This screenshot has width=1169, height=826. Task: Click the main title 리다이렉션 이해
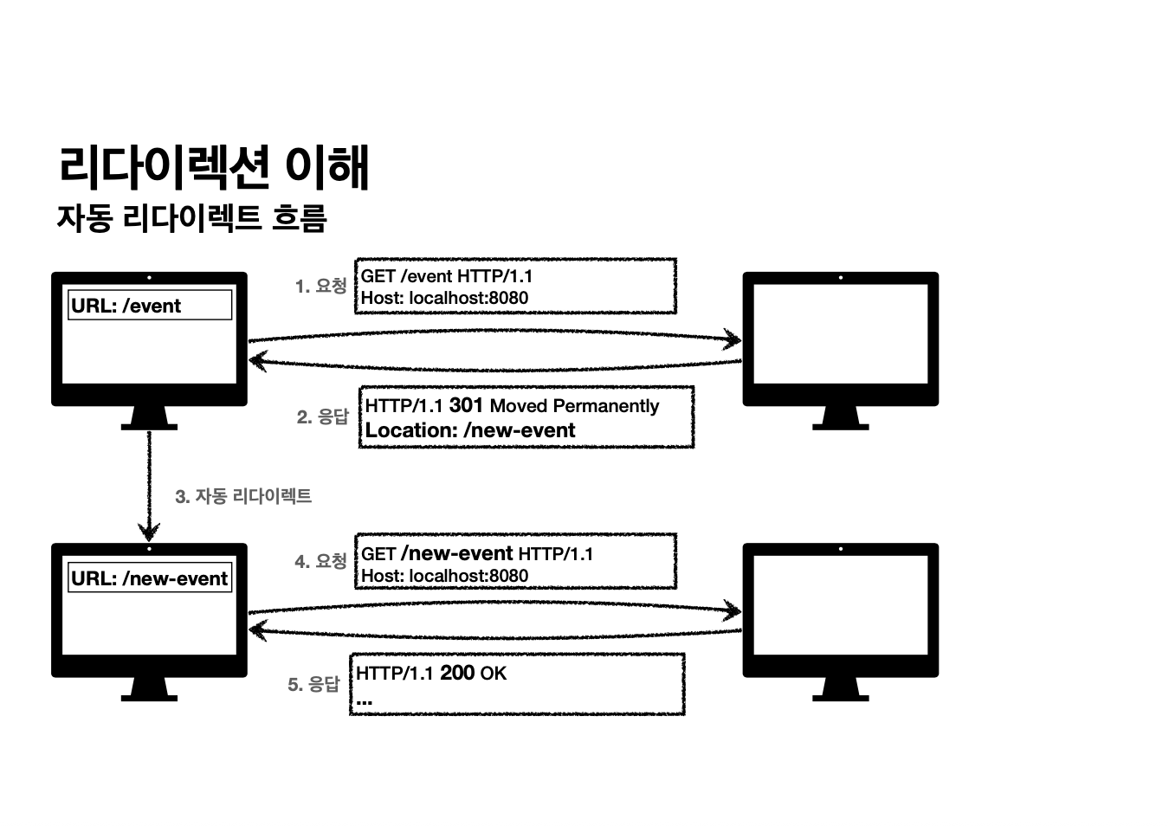pyautogui.click(x=214, y=166)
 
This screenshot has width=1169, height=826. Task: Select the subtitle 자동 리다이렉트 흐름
pyautogui.click(x=191, y=218)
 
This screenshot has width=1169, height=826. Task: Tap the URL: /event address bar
pyautogui.click(x=150, y=306)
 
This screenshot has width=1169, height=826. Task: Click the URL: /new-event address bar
pyautogui.click(x=150, y=578)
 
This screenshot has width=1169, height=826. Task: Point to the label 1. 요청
pyautogui.click(x=321, y=286)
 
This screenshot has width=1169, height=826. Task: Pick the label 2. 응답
pyautogui.click(x=322, y=416)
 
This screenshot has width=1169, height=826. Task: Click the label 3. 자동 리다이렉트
pyautogui.click(x=243, y=496)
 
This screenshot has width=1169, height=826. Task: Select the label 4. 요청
pyautogui.click(x=320, y=561)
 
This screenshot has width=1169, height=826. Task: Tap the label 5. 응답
pyautogui.click(x=313, y=684)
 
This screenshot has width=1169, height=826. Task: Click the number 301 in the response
pyautogui.click(x=466, y=405)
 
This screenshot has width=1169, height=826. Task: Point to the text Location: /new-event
pyautogui.click(x=470, y=430)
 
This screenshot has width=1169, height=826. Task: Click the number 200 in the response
pyautogui.click(x=457, y=673)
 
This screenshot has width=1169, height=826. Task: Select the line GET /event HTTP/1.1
pyautogui.click(x=447, y=276)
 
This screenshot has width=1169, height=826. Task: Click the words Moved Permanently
pyautogui.click(x=574, y=406)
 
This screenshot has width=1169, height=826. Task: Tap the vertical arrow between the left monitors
pyautogui.click(x=149, y=485)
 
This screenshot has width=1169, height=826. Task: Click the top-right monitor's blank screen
pyautogui.click(x=840, y=332)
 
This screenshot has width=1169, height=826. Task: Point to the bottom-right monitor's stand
pyautogui.click(x=840, y=687)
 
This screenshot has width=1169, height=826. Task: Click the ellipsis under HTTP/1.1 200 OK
pyautogui.click(x=365, y=700)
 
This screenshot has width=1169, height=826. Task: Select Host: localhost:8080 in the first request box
pyautogui.click(x=444, y=298)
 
